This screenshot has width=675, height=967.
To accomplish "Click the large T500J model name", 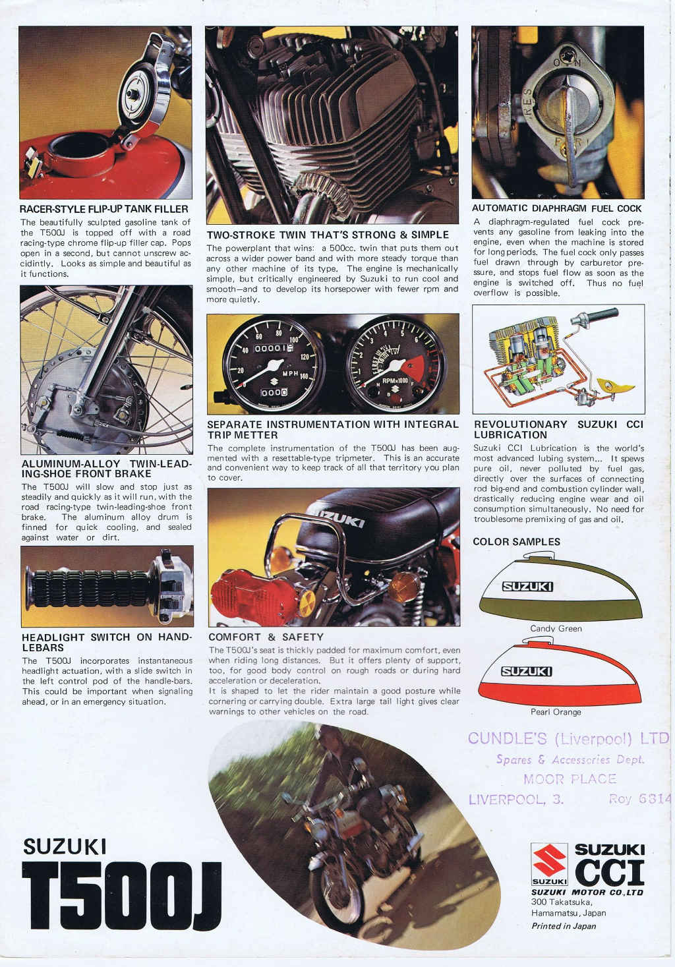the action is click(121, 895).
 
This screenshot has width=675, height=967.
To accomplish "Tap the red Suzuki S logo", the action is click(549, 862).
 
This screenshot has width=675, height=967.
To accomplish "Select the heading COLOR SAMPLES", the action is click(516, 542).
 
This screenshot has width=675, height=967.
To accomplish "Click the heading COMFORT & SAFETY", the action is click(266, 637).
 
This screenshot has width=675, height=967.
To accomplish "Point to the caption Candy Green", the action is click(556, 629).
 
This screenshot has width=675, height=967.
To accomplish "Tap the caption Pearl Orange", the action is click(556, 712).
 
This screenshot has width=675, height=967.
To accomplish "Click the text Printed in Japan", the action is click(564, 926).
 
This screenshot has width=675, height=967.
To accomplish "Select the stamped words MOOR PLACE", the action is click(570, 779).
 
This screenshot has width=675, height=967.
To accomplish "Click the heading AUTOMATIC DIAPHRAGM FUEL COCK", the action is click(557, 208).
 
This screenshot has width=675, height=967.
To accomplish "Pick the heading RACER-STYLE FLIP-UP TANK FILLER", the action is click(104, 210).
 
